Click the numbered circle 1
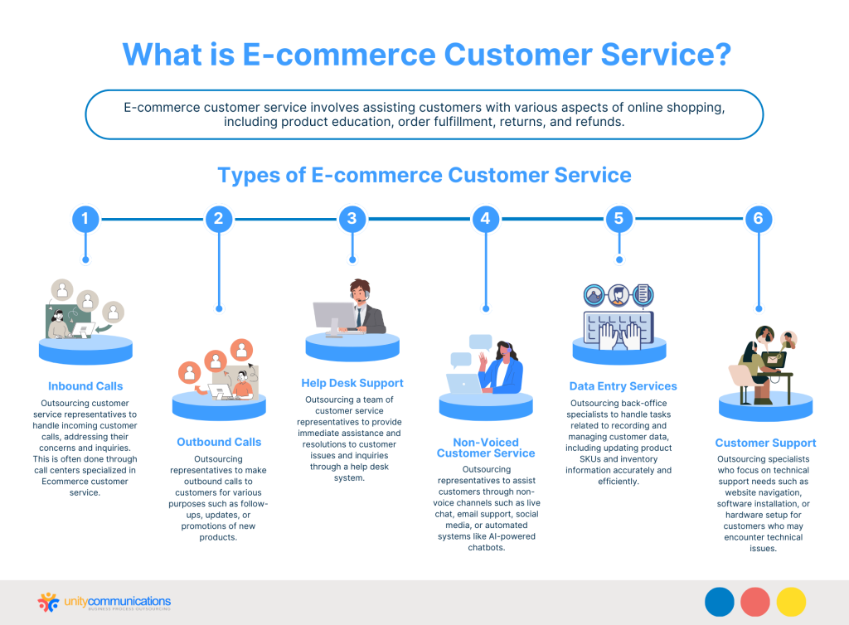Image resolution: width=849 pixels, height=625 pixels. click(x=85, y=219)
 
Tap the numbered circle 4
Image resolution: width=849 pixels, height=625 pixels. click(x=486, y=219)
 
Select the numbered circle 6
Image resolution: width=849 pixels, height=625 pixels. click(x=758, y=219)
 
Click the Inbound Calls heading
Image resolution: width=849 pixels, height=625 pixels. click(x=85, y=386)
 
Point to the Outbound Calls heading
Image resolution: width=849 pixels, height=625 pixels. click(x=219, y=442)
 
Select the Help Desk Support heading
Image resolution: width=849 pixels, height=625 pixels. click(x=352, y=383)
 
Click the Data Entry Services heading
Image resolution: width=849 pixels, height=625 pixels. click(x=623, y=386)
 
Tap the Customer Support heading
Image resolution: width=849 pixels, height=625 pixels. click(x=765, y=443)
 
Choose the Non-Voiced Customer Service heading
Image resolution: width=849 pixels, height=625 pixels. click(x=486, y=448)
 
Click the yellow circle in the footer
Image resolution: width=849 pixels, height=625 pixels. click(x=791, y=602)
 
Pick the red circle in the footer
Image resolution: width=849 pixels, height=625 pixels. click(x=755, y=602)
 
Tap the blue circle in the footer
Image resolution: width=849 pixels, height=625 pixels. click(x=720, y=602)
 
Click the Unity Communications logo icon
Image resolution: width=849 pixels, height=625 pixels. click(x=49, y=602)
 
